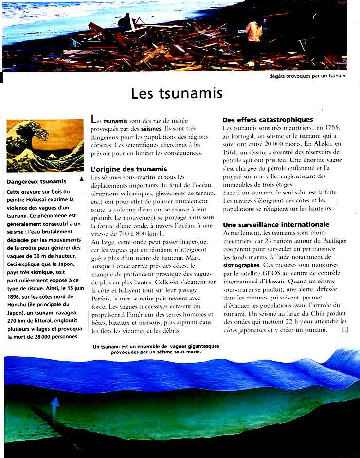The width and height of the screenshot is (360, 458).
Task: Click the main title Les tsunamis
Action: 177,93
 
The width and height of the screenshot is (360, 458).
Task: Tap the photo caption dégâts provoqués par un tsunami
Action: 307,76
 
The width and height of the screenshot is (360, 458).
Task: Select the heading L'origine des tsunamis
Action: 128,169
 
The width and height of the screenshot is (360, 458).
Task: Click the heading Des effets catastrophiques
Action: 268,120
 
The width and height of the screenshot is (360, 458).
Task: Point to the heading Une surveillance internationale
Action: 276,225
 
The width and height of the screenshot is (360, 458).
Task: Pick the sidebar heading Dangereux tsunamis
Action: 36,182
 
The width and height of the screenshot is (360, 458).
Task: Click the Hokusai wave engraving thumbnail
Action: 45,145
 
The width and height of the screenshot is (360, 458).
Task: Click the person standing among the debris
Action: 253,39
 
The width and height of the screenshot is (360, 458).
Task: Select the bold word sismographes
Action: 242,266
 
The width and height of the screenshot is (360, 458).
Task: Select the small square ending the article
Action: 345,330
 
